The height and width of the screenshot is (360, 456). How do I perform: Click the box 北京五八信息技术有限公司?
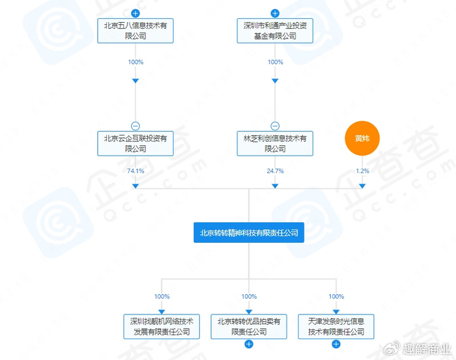tap(135, 31)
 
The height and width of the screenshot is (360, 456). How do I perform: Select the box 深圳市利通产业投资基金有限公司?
tap(275, 31)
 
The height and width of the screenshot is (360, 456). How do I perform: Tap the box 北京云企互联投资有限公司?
tap(135, 143)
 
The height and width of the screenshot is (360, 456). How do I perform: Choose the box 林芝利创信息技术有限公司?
tap(275, 143)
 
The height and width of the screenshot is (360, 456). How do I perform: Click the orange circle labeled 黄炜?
tap(362, 139)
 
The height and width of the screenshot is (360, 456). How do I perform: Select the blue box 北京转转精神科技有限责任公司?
tap(249, 232)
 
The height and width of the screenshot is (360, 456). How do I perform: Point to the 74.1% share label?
tap(135, 171)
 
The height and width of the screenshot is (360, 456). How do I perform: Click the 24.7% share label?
tap(275, 171)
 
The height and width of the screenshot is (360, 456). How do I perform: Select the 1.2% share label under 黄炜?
tap(362, 171)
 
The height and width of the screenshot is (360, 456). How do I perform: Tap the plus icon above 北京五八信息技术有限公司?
tap(135, 13)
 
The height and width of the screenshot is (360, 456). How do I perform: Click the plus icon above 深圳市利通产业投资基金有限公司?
tap(275, 13)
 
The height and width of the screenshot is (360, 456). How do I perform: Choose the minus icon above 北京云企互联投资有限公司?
tap(135, 126)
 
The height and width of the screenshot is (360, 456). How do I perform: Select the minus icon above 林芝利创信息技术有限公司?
tap(275, 126)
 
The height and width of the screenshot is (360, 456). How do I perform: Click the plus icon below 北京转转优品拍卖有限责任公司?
tap(249, 344)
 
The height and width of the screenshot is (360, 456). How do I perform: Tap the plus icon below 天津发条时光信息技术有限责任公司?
tap(336, 344)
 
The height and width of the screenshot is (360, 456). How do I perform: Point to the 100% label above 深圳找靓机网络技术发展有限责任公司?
tap(162, 296)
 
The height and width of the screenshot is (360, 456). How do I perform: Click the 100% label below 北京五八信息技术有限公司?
tap(135, 62)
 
